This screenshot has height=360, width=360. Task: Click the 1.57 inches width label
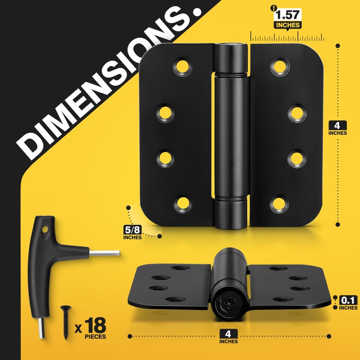click(x=288, y=19)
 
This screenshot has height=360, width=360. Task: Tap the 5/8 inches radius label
click(x=132, y=233)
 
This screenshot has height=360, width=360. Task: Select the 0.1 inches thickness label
click(x=348, y=303)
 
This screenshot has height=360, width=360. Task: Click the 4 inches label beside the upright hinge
click(x=337, y=128)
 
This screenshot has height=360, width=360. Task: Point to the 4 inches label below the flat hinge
click(x=229, y=337)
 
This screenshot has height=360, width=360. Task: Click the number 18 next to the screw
click(x=95, y=325)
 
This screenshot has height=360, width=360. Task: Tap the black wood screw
click(x=66, y=322)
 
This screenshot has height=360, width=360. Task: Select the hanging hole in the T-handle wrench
click(x=45, y=229)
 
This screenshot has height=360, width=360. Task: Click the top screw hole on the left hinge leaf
click(x=183, y=67)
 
